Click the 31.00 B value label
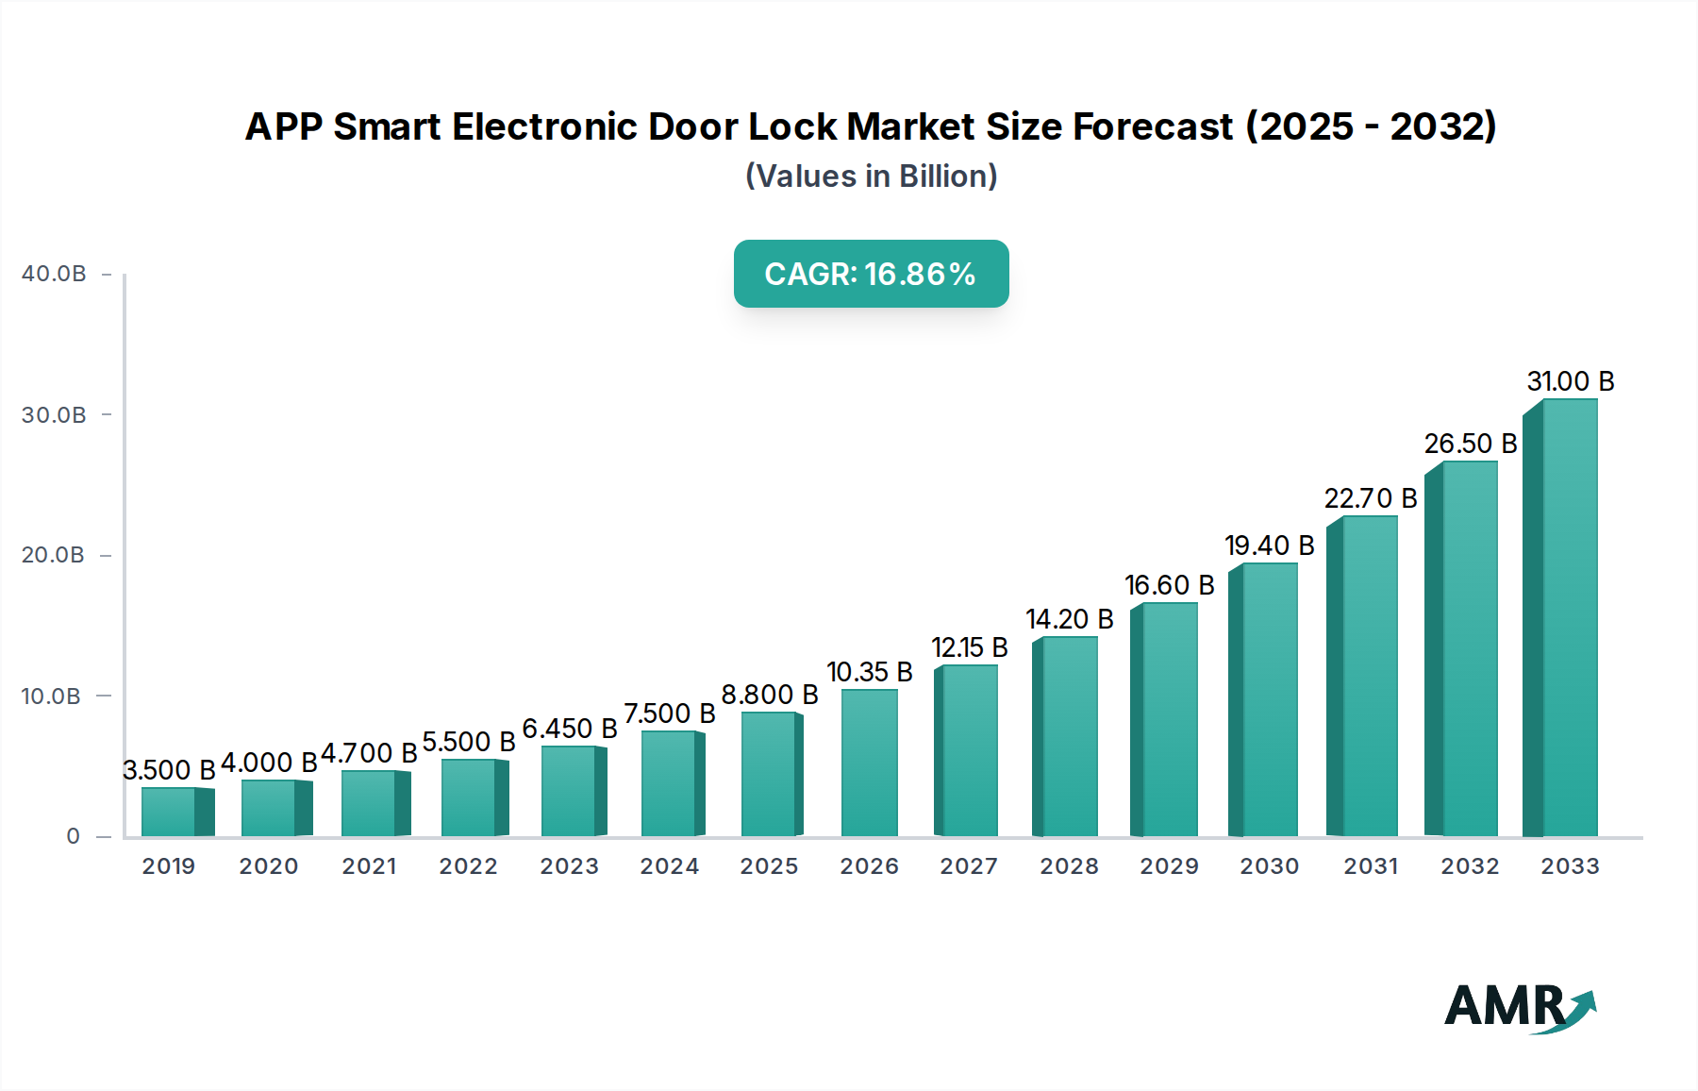click(x=1571, y=381)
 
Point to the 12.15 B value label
click(x=970, y=647)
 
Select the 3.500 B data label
click(x=170, y=770)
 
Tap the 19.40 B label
click(x=1269, y=545)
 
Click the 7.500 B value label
click(x=670, y=713)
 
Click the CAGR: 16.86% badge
click(x=871, y=274)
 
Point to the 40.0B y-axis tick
click(x=54, y=274)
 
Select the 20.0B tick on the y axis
click(x=54, y=555)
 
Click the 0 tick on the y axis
click(x=74, y=836)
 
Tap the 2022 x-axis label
click(x=468, y=866)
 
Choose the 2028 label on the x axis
click(x=1069, y=866)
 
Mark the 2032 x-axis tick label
click(x=1470, y=866)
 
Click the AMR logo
click(x=1519, y=1007)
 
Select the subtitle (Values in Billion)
click(x=871, y=176)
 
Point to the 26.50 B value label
click(x=1470, y=444)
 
